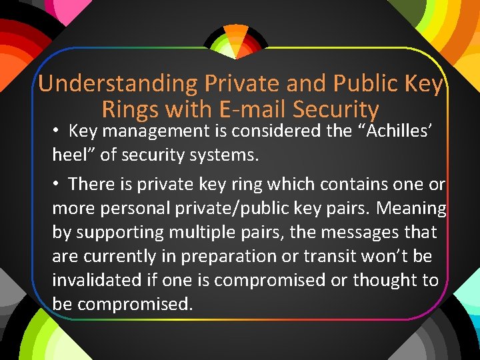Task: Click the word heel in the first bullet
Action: tap(68, 155)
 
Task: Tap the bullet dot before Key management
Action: tap(58, 131)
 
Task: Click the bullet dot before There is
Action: tap(58, 183)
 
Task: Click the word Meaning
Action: tap(411, 208)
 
